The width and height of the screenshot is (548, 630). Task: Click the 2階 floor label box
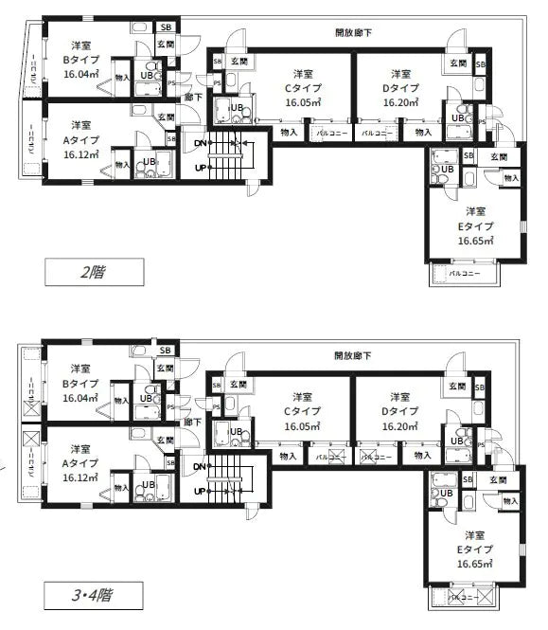click(x=93, y=273)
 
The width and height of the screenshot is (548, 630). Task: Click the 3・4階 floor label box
click(x=93, y=596)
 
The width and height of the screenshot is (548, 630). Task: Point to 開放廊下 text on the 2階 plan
click(x=352, y=31)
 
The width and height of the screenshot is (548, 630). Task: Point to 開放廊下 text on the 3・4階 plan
click(x=352, y=356)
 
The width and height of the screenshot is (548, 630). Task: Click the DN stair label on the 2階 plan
click(x=200, y=143)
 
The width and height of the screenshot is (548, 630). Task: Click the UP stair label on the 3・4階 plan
click(x=200, y=491)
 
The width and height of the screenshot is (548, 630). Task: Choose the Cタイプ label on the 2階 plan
click(x=302, y=87)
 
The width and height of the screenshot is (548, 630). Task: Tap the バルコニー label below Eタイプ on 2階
click(x=465, y=273)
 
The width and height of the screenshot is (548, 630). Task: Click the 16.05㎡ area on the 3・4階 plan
click(x=302, y=427)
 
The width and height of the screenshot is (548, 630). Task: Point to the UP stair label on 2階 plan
click(x=200, y=167)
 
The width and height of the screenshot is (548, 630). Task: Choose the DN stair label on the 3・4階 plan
click(x=200, y=466)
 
